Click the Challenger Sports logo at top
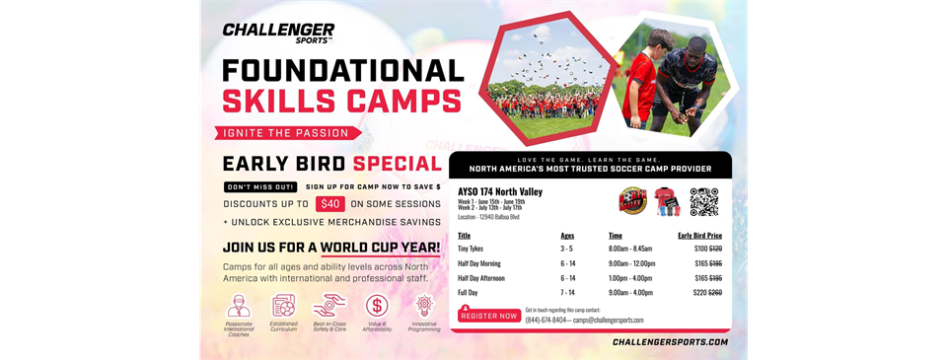pos(278,33)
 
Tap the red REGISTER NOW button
pos(489,316)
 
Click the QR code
pos(703,201)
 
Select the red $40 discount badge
pos(329,204)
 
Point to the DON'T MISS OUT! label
pos(260,186)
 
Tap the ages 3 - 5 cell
pos(567,250)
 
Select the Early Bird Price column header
pos(699,236)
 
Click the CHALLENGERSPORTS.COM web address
pos(670,342)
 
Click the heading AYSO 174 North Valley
pos(500,191)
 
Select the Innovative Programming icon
pos(424,306)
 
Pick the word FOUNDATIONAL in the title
pos(342,70)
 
